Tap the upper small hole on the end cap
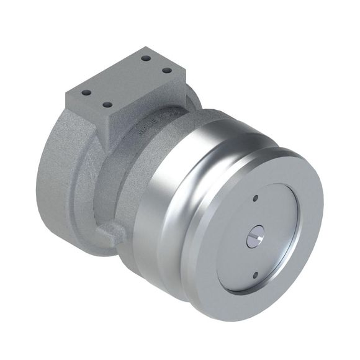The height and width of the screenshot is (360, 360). [256, 199]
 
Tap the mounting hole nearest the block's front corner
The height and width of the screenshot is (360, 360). [107, 105]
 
